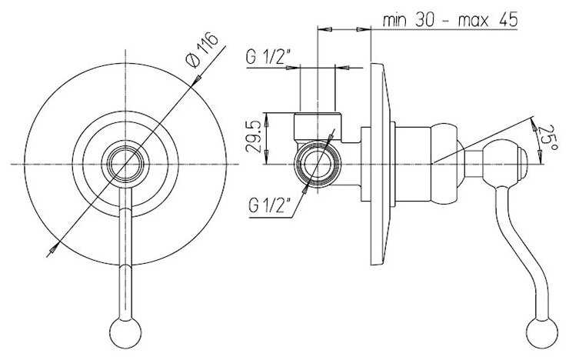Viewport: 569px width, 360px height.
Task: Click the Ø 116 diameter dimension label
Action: click(x=201, y=50)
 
